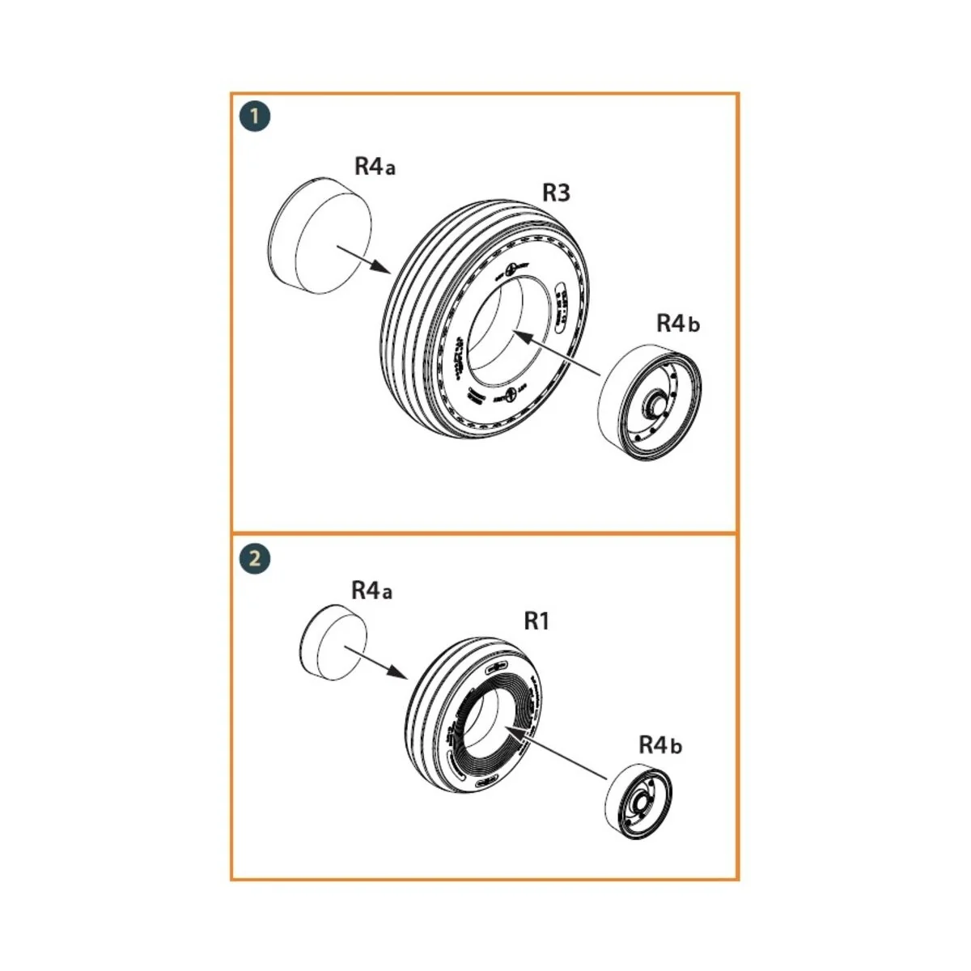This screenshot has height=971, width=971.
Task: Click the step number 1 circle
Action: [x=255, y=117]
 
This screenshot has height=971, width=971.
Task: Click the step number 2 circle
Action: [x=255, y=559]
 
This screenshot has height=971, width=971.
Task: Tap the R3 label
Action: [x=556, y=193]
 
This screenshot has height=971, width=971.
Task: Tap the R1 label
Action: [x=537, y=621]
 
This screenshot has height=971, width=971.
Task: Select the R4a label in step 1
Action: [x=375, y=167]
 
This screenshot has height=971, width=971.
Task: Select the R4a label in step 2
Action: [x=371, y=591]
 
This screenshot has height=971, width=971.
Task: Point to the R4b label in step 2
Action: [x=660, y=744]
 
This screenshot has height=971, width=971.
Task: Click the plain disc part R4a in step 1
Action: [x=320, y=235]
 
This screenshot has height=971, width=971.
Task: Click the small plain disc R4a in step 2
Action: [x=333, y=642]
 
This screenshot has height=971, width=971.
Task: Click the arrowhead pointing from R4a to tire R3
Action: [x=385, y=268]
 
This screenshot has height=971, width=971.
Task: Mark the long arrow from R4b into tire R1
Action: [x=558, y=753]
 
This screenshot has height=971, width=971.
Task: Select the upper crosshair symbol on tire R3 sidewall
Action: [x=511, y=269]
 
